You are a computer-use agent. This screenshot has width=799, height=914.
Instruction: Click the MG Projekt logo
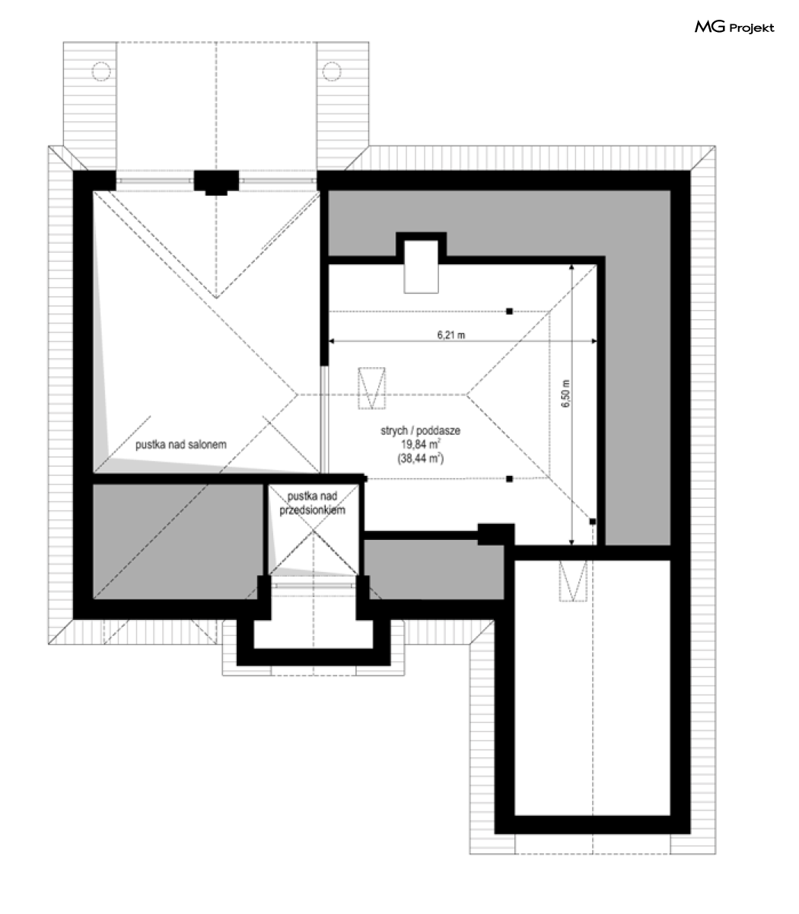pos(734,27)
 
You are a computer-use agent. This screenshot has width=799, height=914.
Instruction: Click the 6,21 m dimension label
pos(450,334)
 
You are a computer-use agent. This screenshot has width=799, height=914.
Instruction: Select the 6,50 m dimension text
pos(565,393)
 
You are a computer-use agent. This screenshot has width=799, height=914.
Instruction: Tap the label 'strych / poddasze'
pos(420,430)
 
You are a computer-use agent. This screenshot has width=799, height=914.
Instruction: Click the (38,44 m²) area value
pos(421,459)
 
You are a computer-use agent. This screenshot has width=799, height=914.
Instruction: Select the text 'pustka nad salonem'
pos(181,445)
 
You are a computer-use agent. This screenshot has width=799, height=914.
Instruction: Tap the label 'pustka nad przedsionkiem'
pos(312,503)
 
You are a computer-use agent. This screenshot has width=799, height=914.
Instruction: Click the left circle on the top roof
pos(101,71)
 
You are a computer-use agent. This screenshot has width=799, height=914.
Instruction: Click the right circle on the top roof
pos(332,71)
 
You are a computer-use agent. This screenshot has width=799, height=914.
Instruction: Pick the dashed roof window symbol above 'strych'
pos(371,388)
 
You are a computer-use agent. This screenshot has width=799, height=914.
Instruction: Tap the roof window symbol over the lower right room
pos(573,580)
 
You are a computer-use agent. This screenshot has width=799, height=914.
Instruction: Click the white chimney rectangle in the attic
pos(421,267)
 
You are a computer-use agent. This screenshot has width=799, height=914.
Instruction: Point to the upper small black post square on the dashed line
pos(509,312)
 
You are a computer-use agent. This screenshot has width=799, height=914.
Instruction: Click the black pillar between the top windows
pos(216,182)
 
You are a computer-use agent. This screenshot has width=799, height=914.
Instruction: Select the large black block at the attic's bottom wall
pos(496,534)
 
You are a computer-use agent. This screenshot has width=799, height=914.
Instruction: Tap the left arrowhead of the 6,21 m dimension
pos(331,341)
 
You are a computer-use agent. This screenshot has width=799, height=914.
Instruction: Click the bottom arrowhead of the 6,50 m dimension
pos(571,543)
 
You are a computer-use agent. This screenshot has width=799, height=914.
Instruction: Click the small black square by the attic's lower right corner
pos(592,521)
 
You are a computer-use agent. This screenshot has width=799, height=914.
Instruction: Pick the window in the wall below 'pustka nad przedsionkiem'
pos(314,585)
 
